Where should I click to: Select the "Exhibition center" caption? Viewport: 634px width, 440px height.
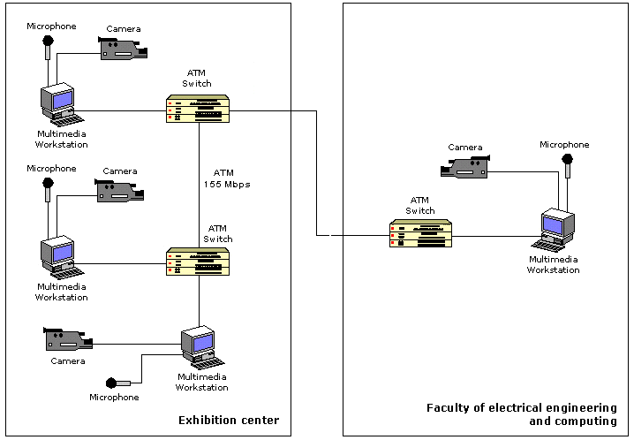tap(229, 419)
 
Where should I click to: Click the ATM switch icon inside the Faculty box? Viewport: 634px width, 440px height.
tap(421, 234)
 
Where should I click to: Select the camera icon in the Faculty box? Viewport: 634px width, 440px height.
tap(466, 165)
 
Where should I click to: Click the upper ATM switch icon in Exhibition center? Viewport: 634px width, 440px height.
tap(199, 108)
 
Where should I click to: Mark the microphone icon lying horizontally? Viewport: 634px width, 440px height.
tap(118, 383)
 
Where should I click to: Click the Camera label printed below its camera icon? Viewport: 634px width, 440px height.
tap(67, 360)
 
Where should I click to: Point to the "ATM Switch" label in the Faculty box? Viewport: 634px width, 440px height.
tap(420, 205)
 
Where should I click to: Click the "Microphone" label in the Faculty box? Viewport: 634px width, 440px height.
tap(564, 144)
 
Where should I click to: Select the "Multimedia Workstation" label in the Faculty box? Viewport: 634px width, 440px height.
tap(554, 264)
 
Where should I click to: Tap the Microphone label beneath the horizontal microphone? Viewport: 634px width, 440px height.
tap(114, 398)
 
